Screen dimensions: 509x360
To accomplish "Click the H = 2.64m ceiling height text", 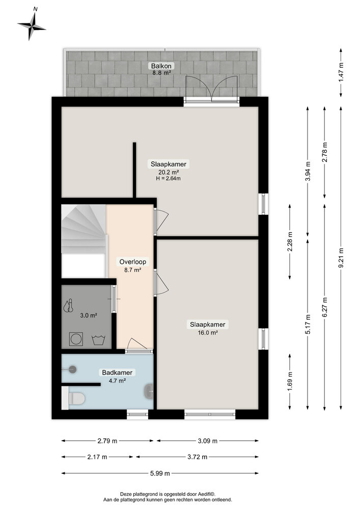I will click(169, 179).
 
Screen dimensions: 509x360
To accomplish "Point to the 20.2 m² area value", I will click(169, 172).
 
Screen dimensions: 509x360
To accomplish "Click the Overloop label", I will click(132, 262).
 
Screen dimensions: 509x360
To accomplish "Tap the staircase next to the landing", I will click(83, 229).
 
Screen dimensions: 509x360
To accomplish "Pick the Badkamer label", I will click(117, 373).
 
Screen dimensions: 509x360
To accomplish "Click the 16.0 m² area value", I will click(207, 332).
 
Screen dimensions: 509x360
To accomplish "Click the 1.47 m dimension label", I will click(341, 72).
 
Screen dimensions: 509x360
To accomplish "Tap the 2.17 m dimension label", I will click(97, 457).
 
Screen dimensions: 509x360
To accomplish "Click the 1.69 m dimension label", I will click(290, 381).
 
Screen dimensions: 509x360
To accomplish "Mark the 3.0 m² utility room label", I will click(89, 315).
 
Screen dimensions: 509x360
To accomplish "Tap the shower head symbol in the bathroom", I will click(72, 370).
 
